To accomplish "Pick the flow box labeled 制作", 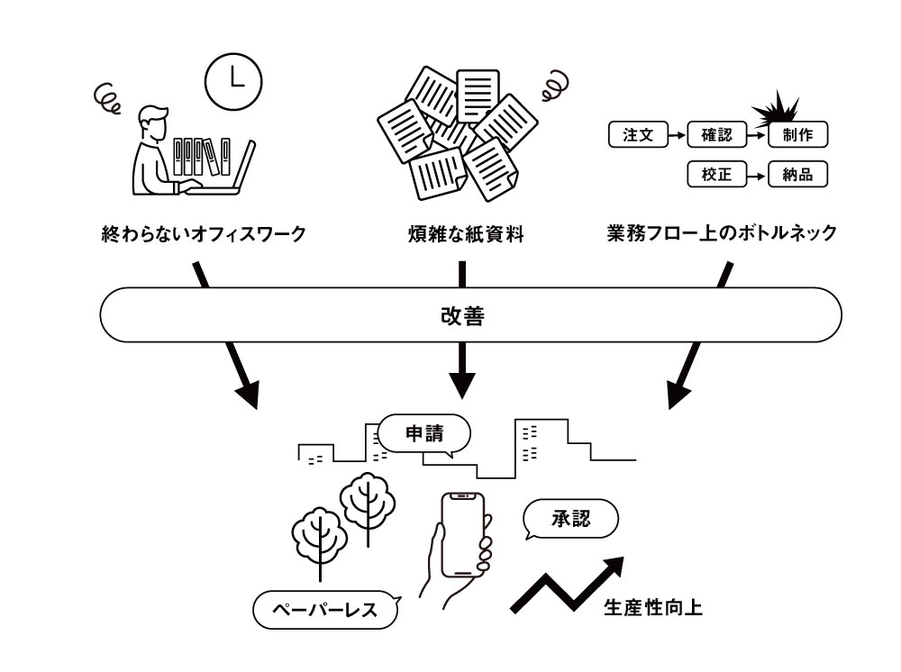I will [797, 136].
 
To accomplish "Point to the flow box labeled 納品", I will [797, 175].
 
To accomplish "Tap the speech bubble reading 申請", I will [423, 433].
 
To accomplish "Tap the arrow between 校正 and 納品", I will [758, 176].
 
